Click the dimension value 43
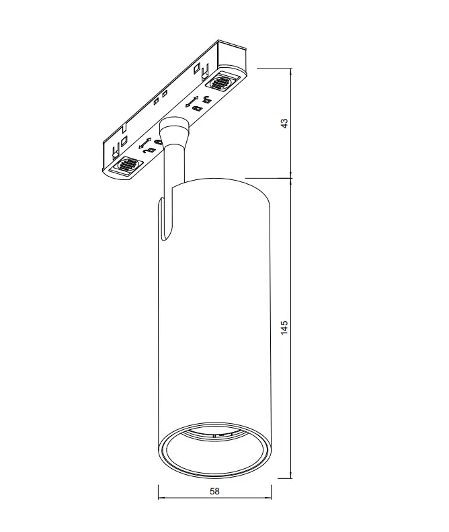click(284, 123)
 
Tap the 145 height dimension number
click(284, 328)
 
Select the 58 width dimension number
click(214, 491)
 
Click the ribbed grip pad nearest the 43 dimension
click(221, 82)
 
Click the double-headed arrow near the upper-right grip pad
click(192, 102)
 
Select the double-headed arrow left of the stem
click(145, 143)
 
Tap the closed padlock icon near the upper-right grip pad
click(196, 108)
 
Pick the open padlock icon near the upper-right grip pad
click(206, 99)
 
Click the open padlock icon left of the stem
click(149, 151)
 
